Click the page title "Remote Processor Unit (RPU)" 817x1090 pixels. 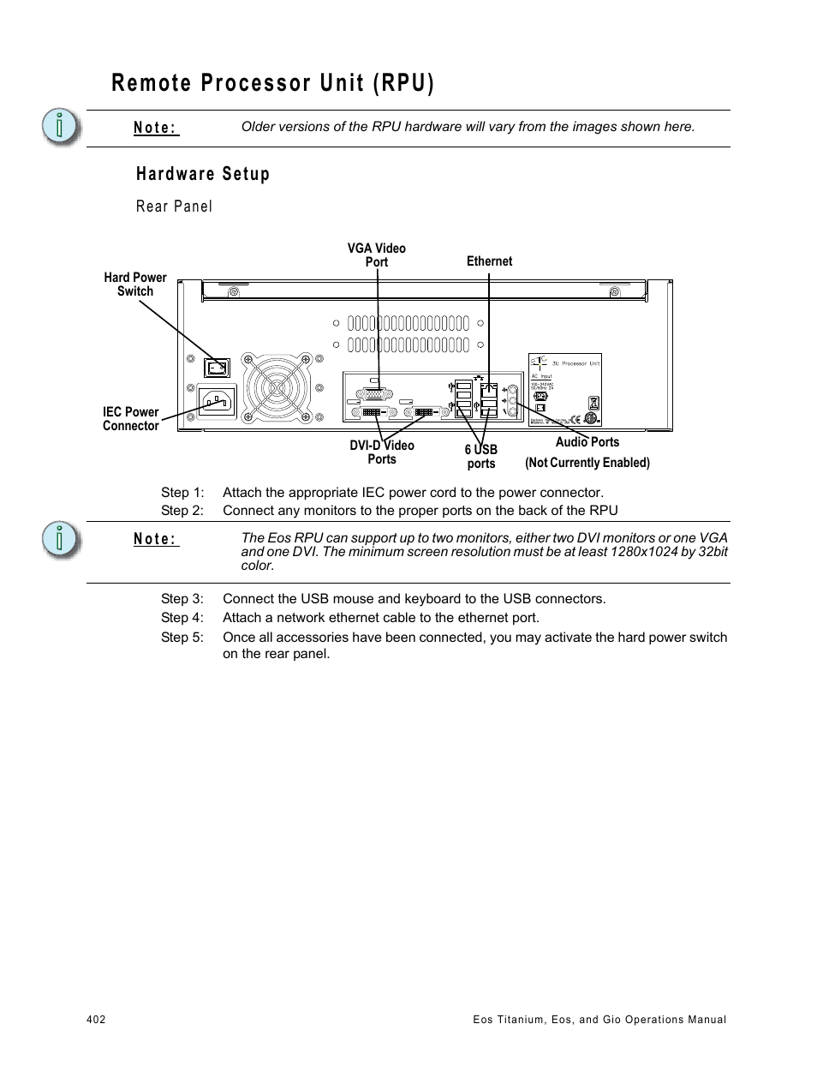click(x=272, y=83)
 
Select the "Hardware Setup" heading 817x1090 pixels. click(x=203, y=174)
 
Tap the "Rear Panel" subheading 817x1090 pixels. click(x=174, y=207)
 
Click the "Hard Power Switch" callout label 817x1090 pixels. click(x=135, y=284)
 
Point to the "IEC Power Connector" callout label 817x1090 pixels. click(x=131, y=419)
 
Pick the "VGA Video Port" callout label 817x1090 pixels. click(x=377, y=255)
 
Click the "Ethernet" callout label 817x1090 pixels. click(x=489, y=261)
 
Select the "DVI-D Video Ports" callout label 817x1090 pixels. click(x=382, y=452)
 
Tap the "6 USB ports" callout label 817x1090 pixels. click(x=481, y=457)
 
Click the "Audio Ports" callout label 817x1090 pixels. click(x=587, y=442)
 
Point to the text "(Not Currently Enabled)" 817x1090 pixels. click(x=587, y=463)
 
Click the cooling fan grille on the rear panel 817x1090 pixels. click(x=277, y=388)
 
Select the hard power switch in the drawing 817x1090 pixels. click(x=217, y=368)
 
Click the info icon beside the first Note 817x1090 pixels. click(x=61, y=128)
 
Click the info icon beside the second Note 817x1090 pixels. click(x=61, y=540)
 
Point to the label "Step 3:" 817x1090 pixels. click(x=182, y=599)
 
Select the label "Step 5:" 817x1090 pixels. click(x=182, y=638)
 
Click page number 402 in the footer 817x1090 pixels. click(x=96, y=1020)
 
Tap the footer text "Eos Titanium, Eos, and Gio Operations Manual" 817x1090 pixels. click(x=599, y=1020)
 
